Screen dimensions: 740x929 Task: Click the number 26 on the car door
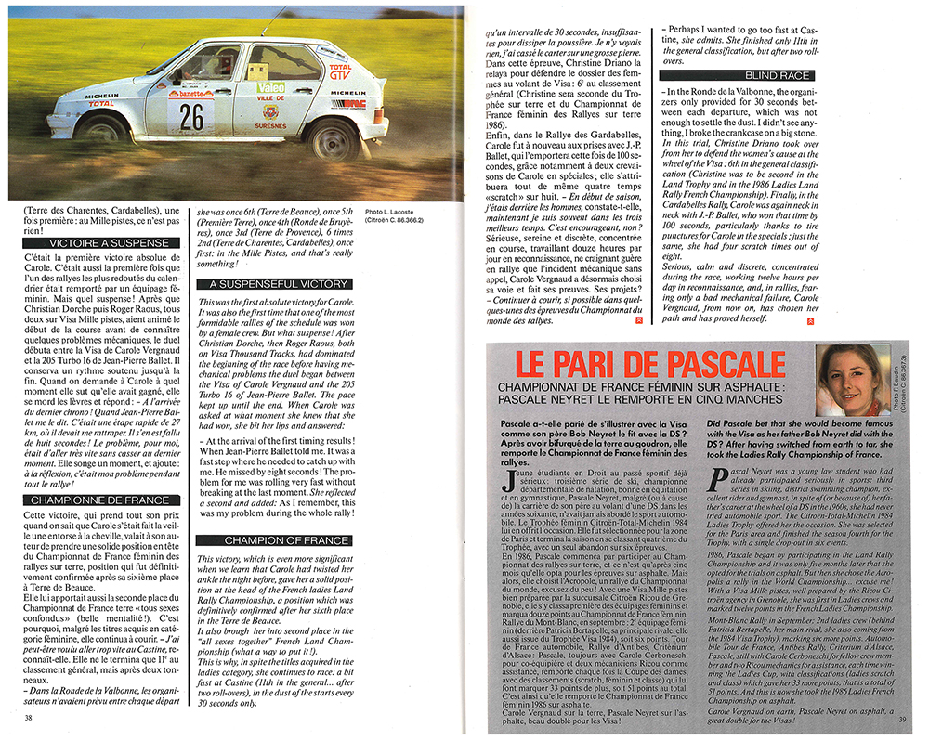coord(191,115)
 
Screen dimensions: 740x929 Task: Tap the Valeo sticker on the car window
coord(270,86)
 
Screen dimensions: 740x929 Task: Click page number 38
coord(29,718)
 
